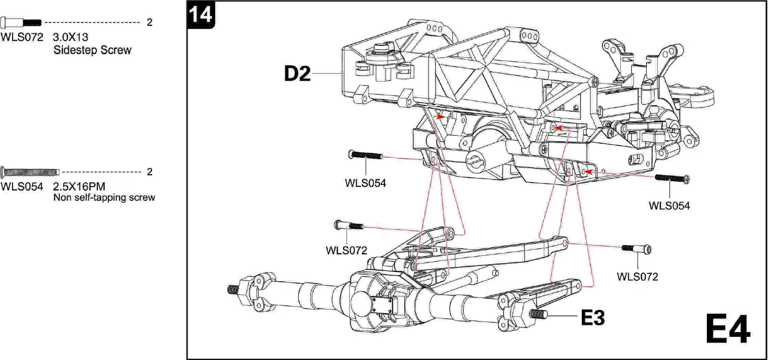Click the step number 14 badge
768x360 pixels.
201,15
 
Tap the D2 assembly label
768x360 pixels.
297,74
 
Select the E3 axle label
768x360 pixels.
592,318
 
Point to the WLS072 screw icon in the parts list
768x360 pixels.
21,22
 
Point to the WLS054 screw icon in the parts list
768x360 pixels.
30,172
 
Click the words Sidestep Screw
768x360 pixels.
92,50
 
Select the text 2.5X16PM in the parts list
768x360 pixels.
79,187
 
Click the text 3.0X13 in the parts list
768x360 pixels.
70,37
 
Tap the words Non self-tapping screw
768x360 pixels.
104,198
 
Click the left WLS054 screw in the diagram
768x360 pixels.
365,155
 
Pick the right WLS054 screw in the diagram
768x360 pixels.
672,178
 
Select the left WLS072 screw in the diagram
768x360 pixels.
349,226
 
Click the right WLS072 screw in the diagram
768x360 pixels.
637,249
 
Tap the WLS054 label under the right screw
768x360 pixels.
669,206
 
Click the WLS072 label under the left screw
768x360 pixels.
346,251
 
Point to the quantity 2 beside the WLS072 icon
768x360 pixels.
149,22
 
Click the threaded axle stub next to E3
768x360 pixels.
537,314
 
